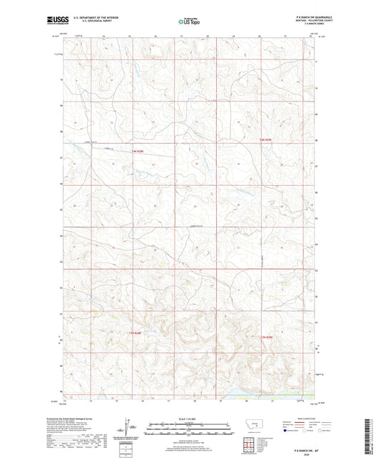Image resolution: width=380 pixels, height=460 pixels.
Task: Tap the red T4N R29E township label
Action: tap(265, 139)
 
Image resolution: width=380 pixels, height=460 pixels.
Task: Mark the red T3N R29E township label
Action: tap(265, 336)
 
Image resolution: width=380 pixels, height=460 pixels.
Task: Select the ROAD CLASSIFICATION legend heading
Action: tap(300, 417)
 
